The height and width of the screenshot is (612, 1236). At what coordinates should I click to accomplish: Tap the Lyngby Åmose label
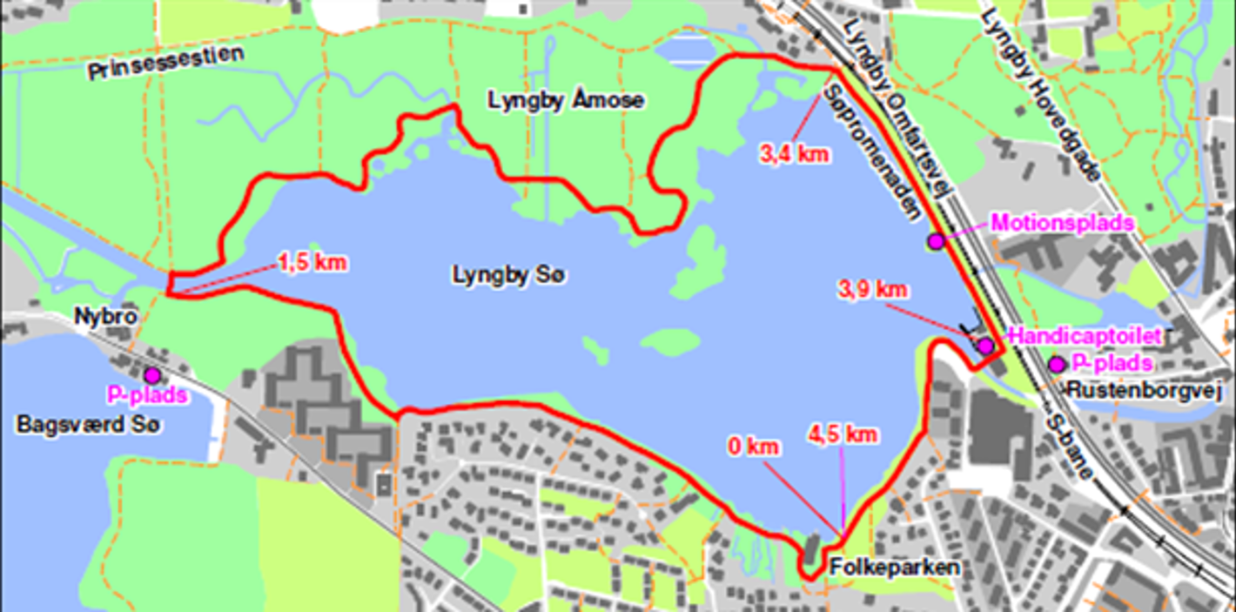pos(566,101)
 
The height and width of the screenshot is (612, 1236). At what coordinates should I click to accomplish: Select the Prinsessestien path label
pos(165,64)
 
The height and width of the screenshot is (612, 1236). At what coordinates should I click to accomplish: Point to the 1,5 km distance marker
pos(312,261)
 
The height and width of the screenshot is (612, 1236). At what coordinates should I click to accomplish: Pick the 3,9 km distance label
pos(870,288)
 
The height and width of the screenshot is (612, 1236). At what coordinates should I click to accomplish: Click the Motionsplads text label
pos(1062,223)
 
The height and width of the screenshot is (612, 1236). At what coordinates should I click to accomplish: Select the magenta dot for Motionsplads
pos(936,241)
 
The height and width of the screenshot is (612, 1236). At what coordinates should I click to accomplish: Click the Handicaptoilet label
pos(1069,335)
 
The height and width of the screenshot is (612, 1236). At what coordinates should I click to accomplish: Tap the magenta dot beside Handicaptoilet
pos(985,346)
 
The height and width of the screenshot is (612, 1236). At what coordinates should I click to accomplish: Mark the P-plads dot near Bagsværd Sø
pos(152,375)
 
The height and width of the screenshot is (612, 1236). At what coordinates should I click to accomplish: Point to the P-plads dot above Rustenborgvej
pos(1057,364)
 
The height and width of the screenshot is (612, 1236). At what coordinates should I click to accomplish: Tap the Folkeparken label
pos(895,568)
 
